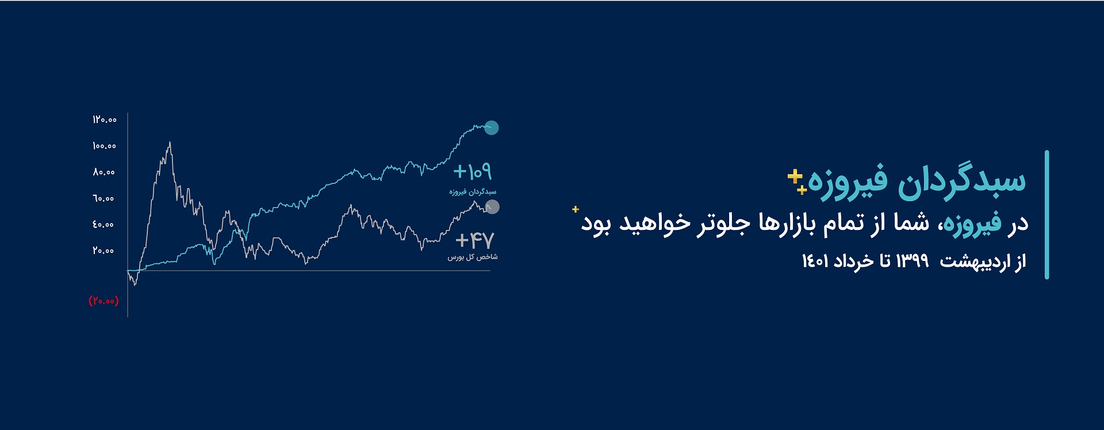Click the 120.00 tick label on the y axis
pos(105,120)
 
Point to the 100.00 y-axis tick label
pos(105,146)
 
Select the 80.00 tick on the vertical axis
pos(104,172)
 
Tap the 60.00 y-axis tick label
pos(104,198)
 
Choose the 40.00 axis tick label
pos(104,224)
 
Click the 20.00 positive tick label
pos(104,251)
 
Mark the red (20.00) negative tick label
pos(103,301)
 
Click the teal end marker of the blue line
pos(491,128)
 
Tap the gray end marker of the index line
pos(492,207)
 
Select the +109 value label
pos(473,171)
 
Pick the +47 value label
pos(474,240)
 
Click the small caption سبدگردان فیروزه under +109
pos(473,191)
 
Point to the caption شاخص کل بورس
pos(473,257)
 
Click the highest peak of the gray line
pos(170,142)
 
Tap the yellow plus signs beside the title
pos(797,181)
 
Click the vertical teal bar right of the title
pos(1046,215)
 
